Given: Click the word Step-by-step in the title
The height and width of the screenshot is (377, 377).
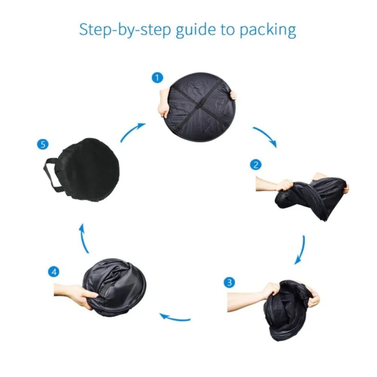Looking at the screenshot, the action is pyautogui.click(x=125, y=30).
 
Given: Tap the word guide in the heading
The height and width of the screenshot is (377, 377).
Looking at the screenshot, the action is pyautogui.click(x=196, y=29).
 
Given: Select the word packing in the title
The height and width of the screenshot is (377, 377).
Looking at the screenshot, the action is pyautogui.click(x=268, y=30).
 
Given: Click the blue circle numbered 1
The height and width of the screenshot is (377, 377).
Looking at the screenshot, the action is pyautogui.click(x=158, y=78).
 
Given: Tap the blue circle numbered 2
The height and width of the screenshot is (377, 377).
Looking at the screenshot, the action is pyautogui.click(x=256, y=165).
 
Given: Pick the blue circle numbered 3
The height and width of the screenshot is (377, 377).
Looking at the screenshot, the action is pyautogui.click(x=229, y=282).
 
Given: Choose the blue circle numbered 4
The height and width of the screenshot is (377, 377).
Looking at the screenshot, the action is pyautogui.click(x=54, y=272).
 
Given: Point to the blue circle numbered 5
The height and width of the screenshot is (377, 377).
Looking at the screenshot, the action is pyautogui.click(x=43, y=144).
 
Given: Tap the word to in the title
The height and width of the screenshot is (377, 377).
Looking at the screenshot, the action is pyautogui.click(x=227, y=30).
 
